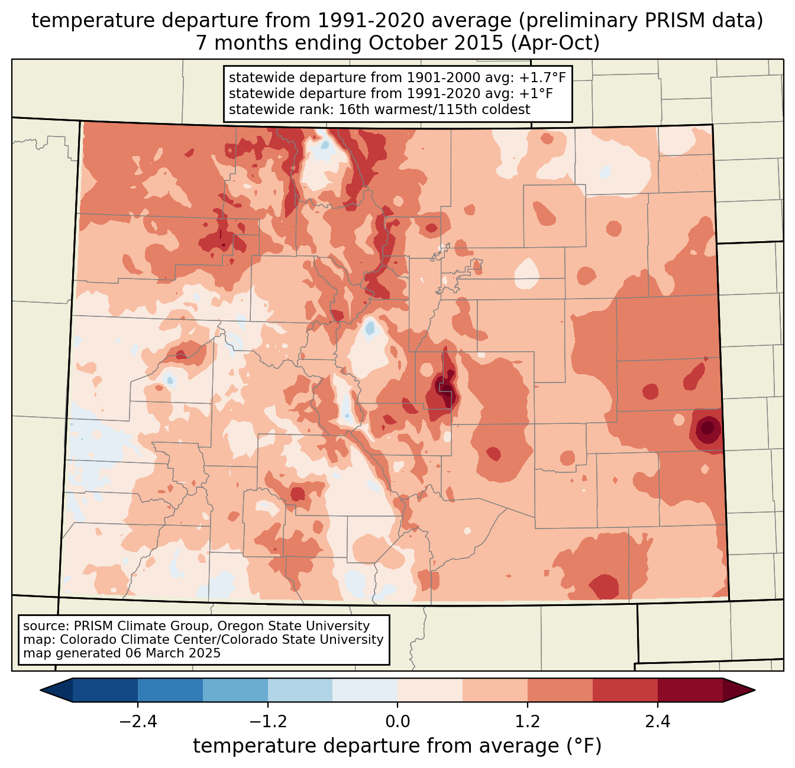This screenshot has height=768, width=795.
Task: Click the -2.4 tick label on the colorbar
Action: click(x=138, y=722)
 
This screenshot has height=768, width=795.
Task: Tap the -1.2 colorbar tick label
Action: click(x=268, y=722)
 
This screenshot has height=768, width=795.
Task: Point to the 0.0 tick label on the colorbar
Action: click(x=397, y=722)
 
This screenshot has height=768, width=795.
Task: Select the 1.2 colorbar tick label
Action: click(x=528, y=722)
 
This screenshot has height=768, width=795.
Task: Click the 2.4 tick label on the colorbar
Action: click(x=658, y=722)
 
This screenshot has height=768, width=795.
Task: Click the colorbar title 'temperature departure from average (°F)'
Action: click(x=397, y=746)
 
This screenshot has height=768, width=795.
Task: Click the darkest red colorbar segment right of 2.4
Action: click(x=690, y=690)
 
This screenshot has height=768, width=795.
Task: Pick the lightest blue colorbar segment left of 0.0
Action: click(x=365, y=690)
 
